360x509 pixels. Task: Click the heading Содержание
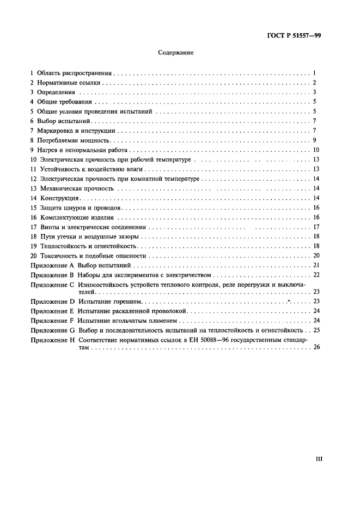175,53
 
